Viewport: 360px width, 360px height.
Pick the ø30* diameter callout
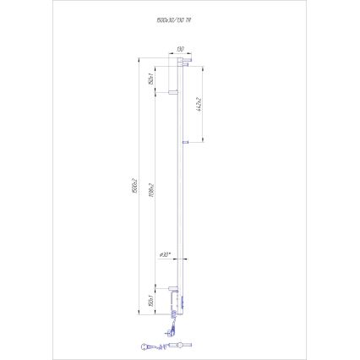click(166, 254)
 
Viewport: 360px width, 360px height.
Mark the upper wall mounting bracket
click(172, 90)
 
